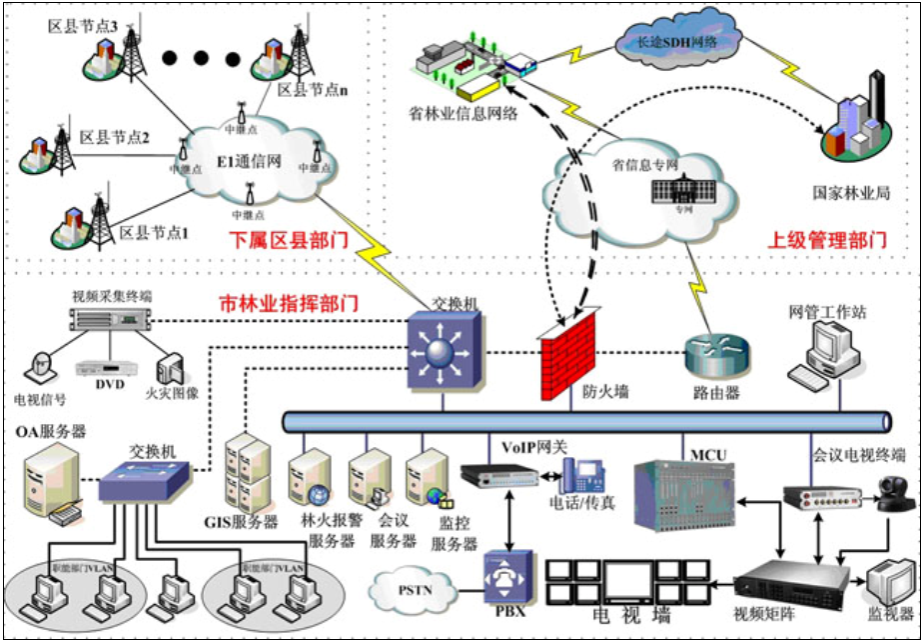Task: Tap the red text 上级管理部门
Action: point(825,240)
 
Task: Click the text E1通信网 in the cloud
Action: point(249,161)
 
